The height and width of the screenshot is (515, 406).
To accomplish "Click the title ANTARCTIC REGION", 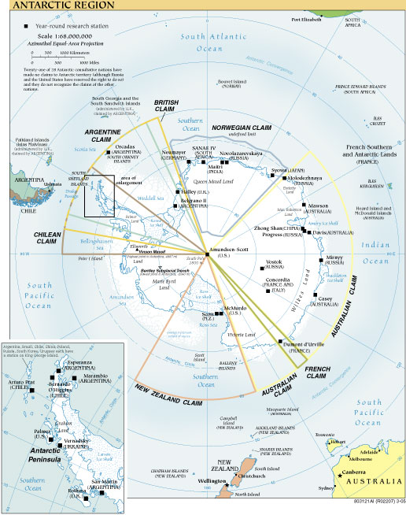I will [49, 6].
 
